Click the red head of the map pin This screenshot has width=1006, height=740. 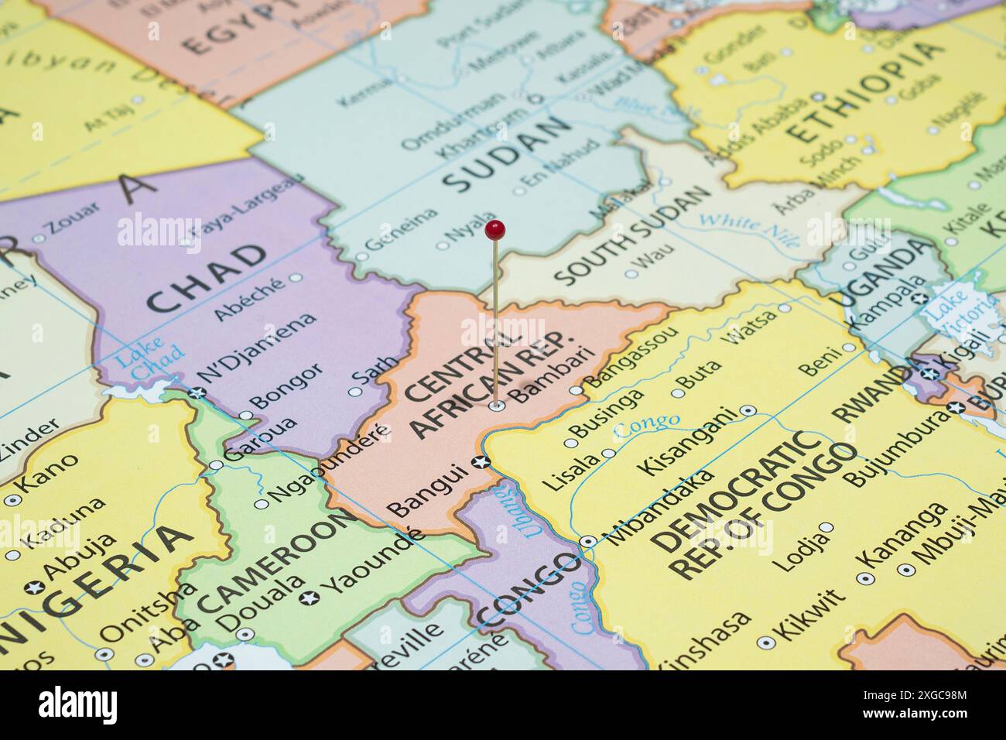pos(495,228)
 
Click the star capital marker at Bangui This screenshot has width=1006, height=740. pos(481,463)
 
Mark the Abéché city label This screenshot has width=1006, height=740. pos(248,298)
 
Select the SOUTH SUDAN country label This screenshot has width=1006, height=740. pos(633,235)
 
